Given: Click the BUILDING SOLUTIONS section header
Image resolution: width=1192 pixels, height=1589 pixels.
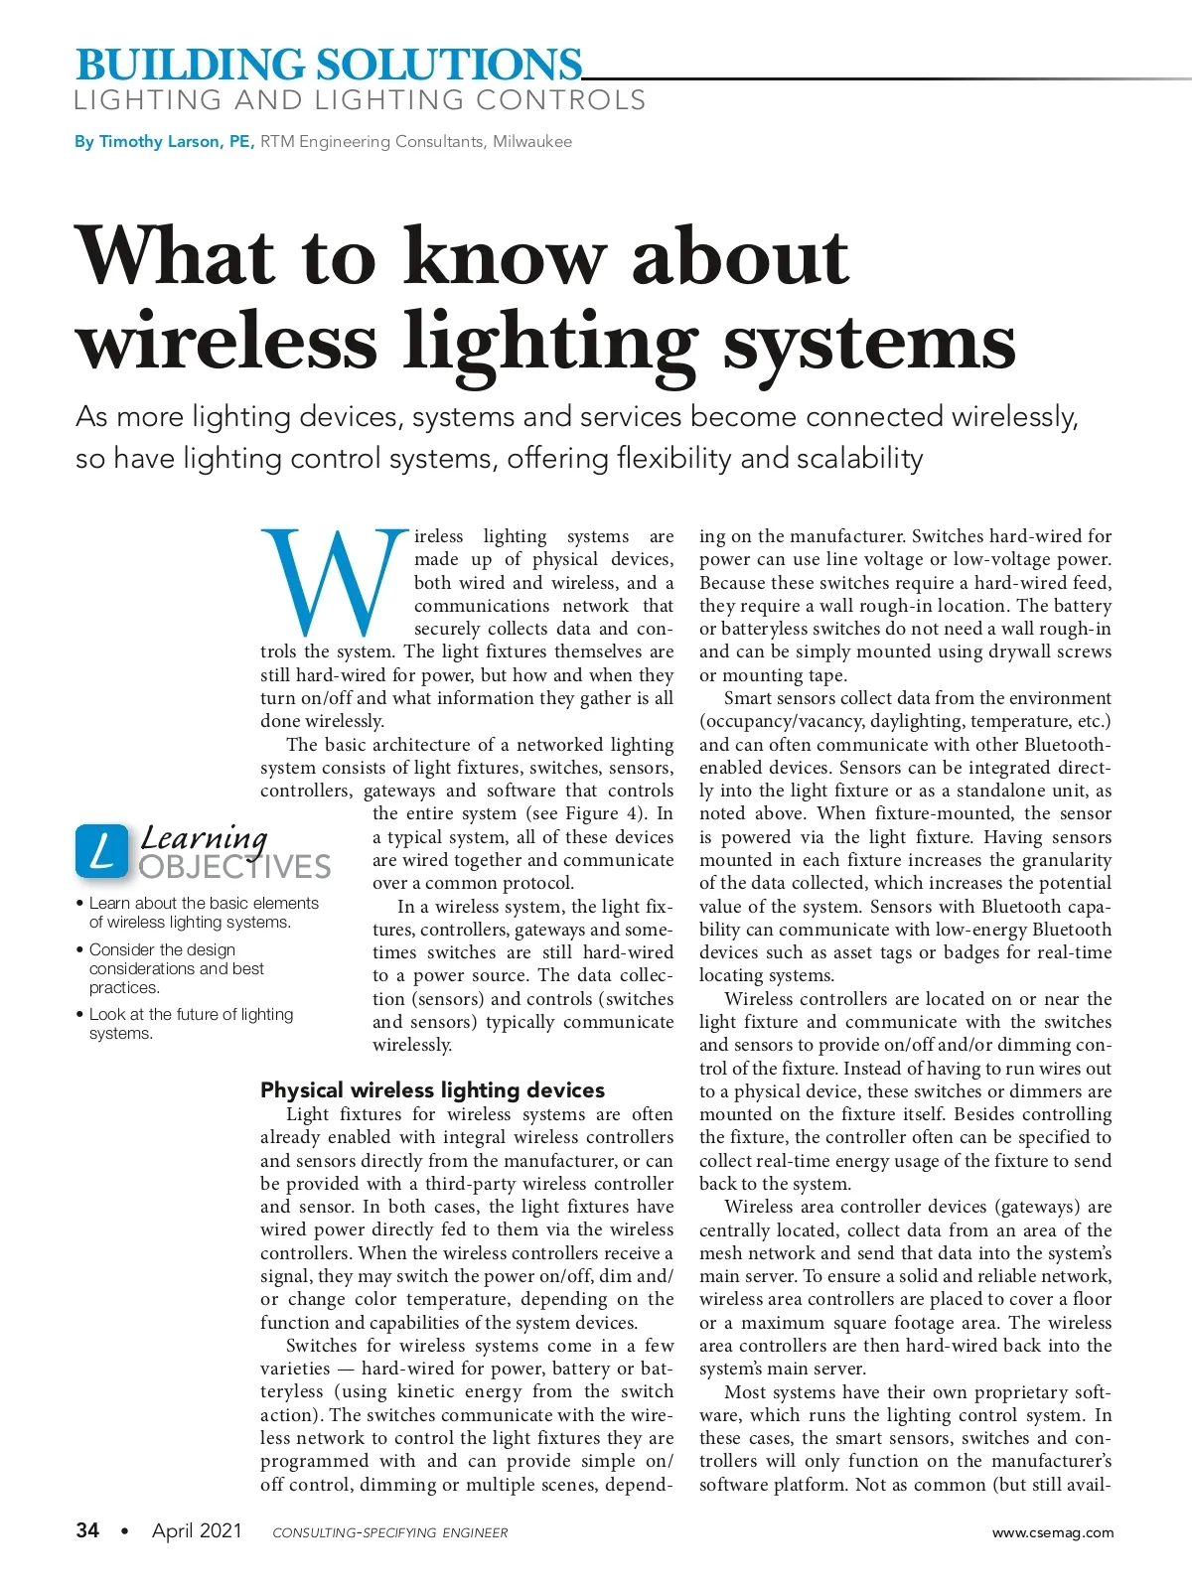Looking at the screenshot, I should tap(328, 65).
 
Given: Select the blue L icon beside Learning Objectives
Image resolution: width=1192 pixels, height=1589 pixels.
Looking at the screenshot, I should tap(101, 851).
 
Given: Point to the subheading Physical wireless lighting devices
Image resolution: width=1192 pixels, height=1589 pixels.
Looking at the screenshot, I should tap(432, 1089).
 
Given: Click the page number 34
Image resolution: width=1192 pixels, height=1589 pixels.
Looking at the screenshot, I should tap(87, 1530).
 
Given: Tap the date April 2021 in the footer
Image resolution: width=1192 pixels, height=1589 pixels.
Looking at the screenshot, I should tap(197, 1530).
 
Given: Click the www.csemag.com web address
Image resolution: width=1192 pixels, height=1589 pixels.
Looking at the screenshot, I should tap(1053, 1532).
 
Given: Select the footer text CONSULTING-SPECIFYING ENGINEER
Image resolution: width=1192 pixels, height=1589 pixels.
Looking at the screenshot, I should tap(389, 1532).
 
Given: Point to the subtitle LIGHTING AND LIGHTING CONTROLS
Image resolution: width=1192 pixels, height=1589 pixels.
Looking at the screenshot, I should tap(360, 100).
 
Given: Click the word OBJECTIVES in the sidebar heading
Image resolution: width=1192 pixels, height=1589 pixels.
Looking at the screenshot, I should tap(234, 867).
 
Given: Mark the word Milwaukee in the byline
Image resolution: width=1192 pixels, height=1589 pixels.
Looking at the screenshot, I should tap(532, 142).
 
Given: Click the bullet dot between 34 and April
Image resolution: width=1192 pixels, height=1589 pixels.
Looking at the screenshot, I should tap(124, 1531).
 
